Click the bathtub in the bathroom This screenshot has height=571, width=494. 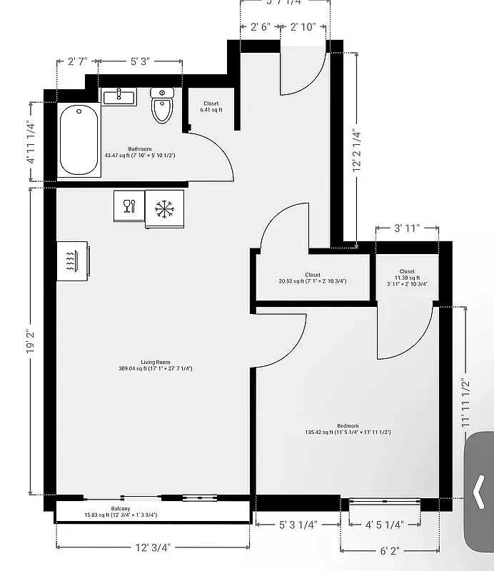point(79,139)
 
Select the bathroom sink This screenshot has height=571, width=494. point(119,96)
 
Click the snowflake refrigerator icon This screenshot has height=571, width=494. point(165,208)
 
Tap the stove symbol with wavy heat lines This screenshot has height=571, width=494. point(72,261)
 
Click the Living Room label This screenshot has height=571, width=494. point(155,365)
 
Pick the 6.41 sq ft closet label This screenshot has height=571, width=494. point(211,107)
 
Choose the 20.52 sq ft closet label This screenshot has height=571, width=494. point(313,278)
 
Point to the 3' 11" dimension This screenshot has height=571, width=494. point(407,228)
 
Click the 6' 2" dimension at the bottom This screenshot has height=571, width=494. point(389,550)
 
